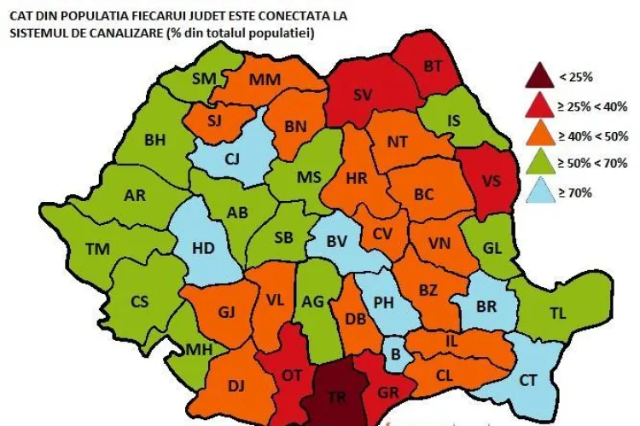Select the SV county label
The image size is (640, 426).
click(363, 94)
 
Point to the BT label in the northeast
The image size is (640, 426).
click(433, 66)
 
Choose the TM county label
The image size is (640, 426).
click(98, 250)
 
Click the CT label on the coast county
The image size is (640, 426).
click(529, 380)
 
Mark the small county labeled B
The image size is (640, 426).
click(395, 353)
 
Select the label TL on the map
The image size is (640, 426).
click(557, 313)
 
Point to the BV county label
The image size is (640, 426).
click(337, 242)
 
